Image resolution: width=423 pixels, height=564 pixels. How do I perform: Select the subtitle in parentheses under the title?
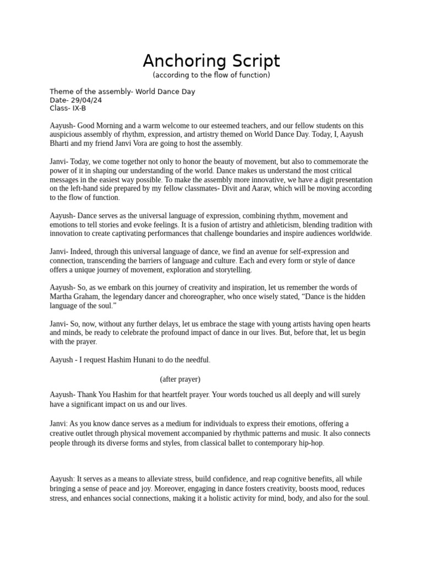tap(211, 75)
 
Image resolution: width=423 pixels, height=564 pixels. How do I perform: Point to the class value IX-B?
tap(79, 109)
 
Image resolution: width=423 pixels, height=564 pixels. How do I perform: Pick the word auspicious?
tap(67, 134)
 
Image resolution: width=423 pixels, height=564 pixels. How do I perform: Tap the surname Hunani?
tap(191, 360)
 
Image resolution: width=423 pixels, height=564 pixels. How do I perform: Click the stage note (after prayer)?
tap(180, 379)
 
